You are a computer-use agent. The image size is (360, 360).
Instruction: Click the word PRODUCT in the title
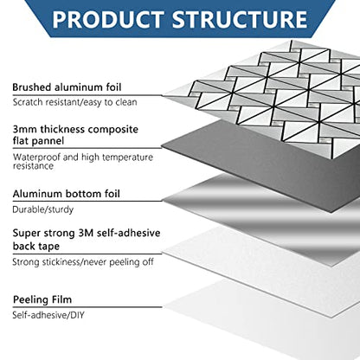(108, 19)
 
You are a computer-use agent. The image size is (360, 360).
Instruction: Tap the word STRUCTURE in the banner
(240, 19)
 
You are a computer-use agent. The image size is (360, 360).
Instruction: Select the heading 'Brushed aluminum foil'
(67, 87)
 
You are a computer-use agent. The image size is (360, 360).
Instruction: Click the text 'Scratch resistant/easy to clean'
(74, 102)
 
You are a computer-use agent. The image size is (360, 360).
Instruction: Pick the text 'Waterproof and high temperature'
(83, 157)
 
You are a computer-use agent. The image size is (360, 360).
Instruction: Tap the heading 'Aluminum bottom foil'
(66, 194)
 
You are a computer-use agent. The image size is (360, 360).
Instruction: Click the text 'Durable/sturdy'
(43, 209)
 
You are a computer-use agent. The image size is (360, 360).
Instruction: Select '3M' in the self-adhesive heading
(86, 233)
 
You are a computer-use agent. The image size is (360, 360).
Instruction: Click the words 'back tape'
(36, 246)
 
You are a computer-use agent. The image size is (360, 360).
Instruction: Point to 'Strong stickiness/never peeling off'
(83, 262)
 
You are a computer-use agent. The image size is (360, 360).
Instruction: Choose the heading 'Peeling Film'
(42, 299)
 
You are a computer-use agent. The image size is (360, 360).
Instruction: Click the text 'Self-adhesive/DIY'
(48, 315)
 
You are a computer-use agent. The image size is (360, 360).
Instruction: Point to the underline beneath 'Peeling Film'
(87, 307)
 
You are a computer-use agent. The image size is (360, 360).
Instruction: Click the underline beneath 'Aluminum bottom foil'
(87, 201)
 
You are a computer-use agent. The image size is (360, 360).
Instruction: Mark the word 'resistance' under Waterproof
(33, 166)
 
